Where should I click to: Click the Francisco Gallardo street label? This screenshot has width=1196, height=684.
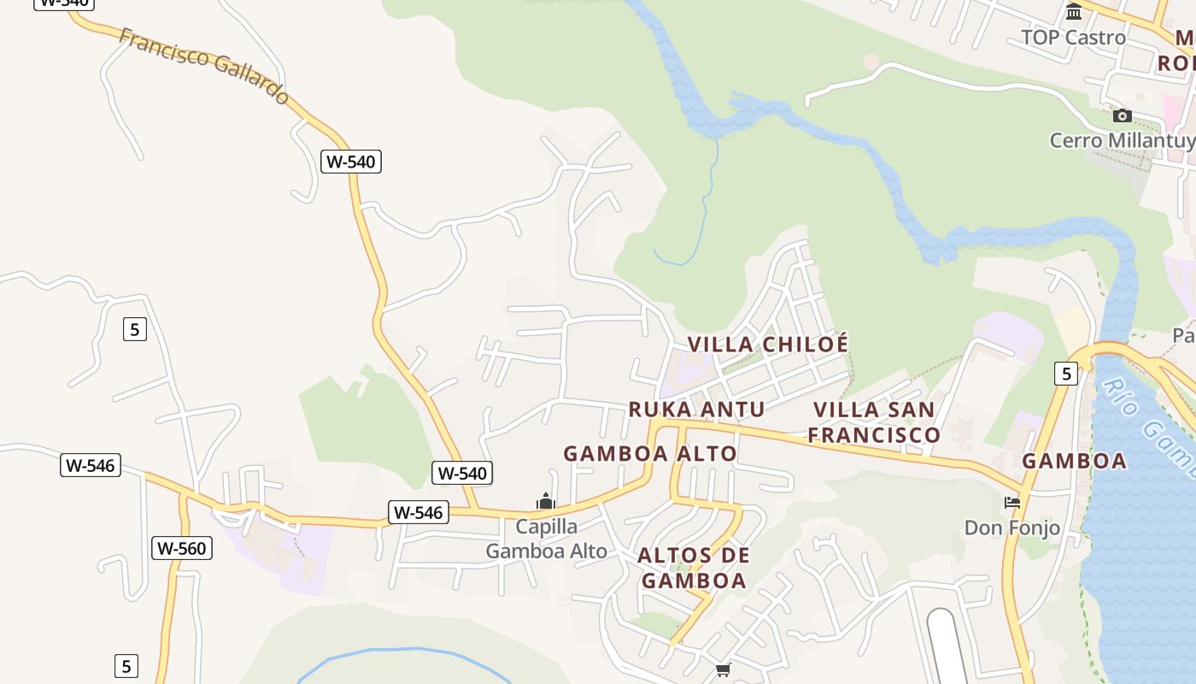pos(204,65)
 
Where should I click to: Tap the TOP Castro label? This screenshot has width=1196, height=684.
pos(1073,38)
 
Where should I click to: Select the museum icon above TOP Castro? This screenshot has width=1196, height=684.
pos(1074,12)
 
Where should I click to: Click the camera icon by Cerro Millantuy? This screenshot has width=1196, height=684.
pos(1122,115)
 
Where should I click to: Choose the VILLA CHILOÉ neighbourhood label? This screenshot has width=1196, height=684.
pos(768,345)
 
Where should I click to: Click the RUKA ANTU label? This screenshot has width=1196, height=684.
pos(696,409)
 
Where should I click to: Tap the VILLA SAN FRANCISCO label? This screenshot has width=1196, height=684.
pos(874,422)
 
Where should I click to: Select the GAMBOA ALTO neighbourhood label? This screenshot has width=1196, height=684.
pos(649,453)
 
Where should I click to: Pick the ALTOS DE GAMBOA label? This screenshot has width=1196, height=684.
pos(694,568)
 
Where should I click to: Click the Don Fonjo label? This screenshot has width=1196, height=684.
pos(1011,528)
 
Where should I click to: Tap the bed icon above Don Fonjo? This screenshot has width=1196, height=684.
pos(1012,503)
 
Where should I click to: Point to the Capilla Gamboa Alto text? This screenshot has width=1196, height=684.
pos(546,539)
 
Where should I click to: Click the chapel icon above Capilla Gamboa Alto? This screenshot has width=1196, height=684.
pos(545,501)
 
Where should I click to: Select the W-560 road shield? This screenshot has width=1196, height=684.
pos(182,548)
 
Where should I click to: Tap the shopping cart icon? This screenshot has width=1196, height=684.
pos(723,670)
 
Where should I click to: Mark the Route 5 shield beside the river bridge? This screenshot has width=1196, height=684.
pos(1064,373)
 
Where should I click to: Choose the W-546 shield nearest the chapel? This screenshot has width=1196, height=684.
pos(418,512)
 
